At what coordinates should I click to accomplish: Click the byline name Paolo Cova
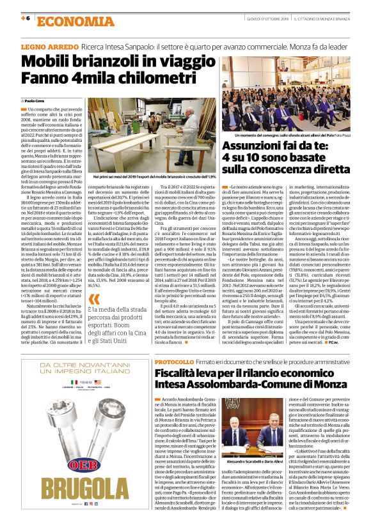point(36,101)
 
